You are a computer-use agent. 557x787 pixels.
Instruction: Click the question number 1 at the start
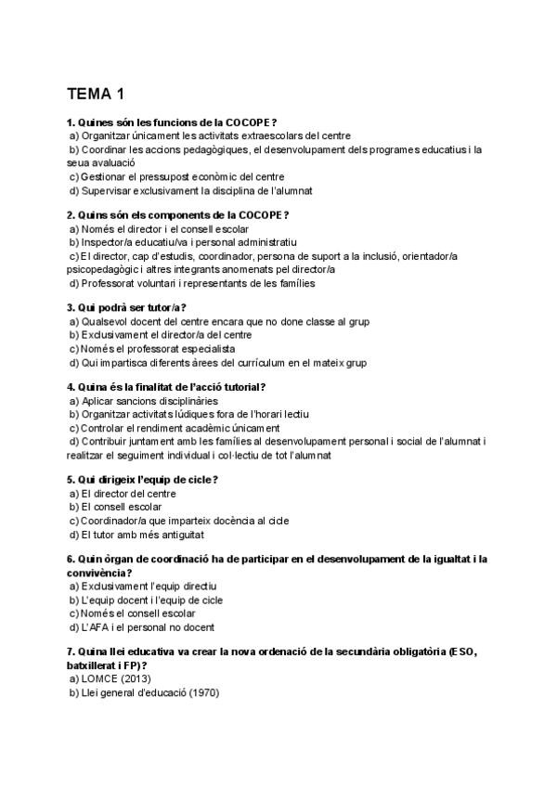(71, 123)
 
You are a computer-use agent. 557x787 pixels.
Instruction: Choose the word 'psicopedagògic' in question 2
(106, 269)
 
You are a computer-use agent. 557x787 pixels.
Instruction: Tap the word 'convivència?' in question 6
(99, 573)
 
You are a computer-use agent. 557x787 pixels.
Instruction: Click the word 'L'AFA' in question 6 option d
(96, 627)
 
